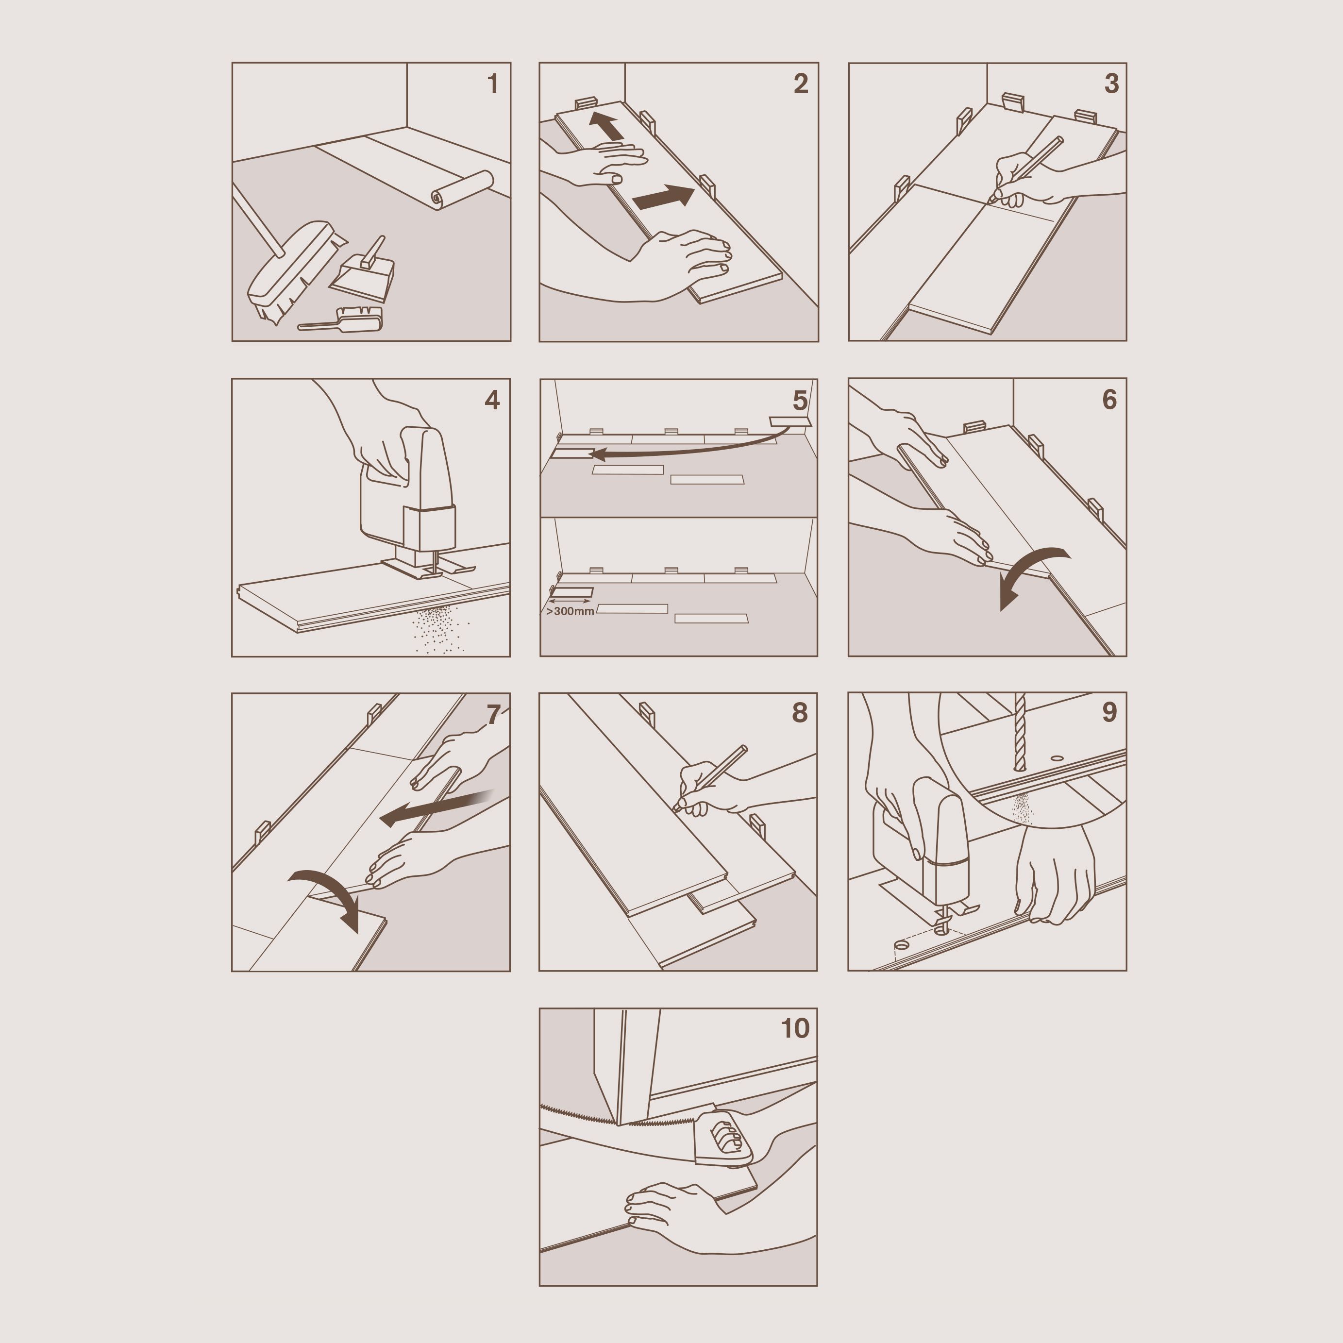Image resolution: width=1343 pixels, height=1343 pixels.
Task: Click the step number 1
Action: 493,84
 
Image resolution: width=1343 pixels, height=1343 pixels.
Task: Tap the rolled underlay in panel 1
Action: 462,189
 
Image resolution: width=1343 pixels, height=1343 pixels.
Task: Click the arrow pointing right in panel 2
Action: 663,197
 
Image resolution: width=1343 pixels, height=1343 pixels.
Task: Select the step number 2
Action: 801,84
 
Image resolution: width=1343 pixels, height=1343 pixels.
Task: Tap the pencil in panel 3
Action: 1027,169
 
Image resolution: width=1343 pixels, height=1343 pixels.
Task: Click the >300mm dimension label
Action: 570,612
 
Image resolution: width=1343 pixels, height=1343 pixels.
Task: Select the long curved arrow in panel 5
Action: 688,448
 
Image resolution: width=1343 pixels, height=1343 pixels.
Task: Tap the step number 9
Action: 1109,712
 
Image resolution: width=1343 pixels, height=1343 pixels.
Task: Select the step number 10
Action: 795,1028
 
